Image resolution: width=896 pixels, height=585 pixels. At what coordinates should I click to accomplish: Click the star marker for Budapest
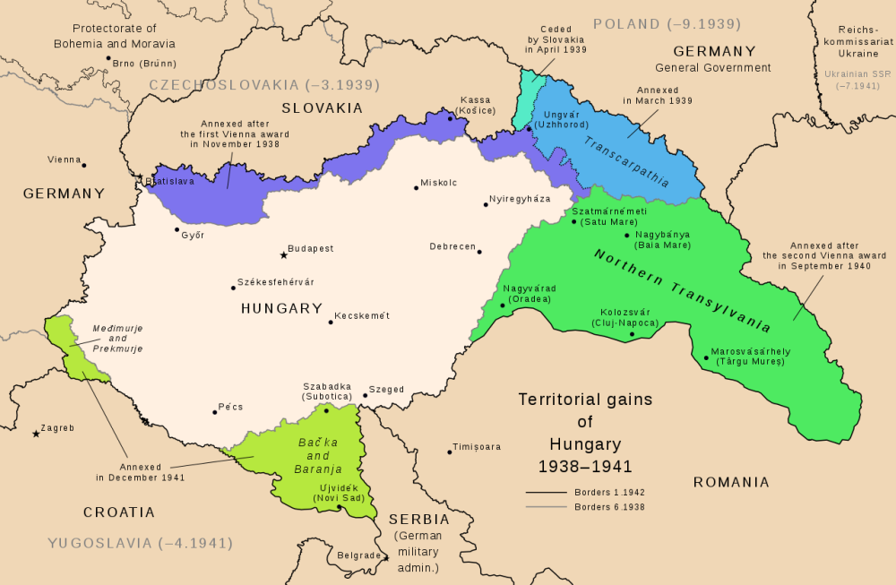coord(284,254)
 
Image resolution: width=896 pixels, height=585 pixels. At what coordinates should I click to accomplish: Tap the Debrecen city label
coord(451,246)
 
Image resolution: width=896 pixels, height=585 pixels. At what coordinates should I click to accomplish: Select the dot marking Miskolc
coord(416,187)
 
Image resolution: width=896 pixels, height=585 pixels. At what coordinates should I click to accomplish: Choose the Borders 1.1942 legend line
coord(546,493)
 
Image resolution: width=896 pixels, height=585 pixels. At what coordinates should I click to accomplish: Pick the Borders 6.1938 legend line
coord(546,507)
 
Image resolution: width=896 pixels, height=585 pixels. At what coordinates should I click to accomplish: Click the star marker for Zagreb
coord(36,434)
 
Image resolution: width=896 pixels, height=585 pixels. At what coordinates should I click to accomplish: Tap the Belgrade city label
coord(358,555)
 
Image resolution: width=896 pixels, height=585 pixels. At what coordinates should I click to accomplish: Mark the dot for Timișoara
coord(450,452)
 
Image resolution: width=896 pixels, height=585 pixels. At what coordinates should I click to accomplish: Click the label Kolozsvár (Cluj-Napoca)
coord(625,317)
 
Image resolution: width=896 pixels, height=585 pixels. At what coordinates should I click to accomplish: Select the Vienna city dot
coord(83,165)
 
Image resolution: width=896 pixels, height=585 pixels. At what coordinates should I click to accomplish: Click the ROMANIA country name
coord(731,483)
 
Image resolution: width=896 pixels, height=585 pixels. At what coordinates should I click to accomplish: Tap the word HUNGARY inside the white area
coord(281,308)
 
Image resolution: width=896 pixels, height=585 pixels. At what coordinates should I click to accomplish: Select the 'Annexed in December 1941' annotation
coord(141,472)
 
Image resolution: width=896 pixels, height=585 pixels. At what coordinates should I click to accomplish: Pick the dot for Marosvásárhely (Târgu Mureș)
coord(706,358)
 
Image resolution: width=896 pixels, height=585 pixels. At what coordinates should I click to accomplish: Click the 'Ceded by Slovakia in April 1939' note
coord(556,39)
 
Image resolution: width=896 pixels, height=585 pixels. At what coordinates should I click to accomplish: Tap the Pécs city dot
coord(215,412)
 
